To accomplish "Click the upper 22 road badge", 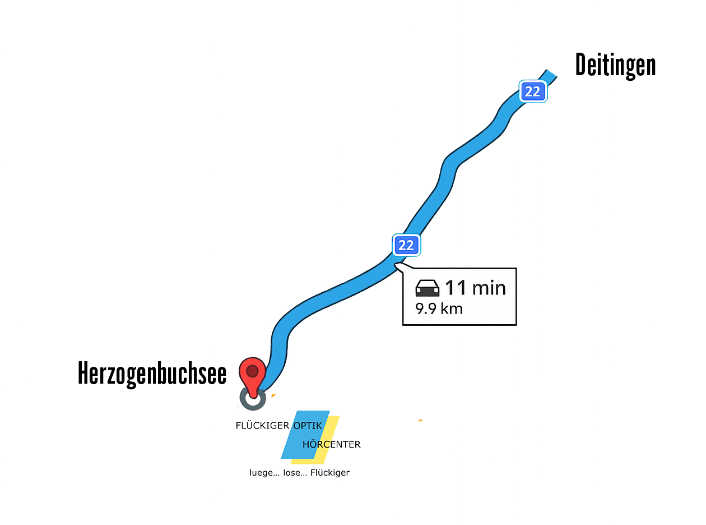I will [532, 91].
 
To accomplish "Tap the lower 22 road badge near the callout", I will [406, 245].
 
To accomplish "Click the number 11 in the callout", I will [456, 288].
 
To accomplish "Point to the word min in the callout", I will [489, 288].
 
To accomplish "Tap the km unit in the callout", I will [453, 308].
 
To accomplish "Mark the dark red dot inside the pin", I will [252, 371].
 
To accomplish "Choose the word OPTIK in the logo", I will [308, 425].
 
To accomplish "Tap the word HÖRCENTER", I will [331, 445].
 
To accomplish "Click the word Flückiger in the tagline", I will [330, 473].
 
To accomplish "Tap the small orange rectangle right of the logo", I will [433, 424].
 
